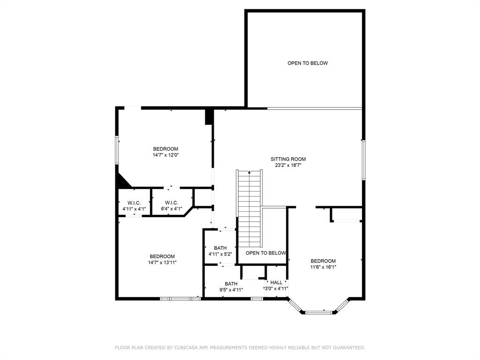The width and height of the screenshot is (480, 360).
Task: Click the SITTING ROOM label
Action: click(288, 159)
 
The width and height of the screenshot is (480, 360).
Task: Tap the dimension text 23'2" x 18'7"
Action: click(288, 165)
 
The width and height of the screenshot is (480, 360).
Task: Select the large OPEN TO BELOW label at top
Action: click(307, 63)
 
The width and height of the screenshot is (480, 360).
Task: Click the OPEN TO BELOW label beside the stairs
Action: click(266, 253)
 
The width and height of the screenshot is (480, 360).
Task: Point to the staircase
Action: click(249, 209)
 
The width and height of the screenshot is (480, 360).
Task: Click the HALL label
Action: click(277, 282)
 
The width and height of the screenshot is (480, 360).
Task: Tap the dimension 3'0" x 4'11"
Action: click(276, 289)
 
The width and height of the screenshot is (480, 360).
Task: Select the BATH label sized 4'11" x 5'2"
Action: click(220, 248)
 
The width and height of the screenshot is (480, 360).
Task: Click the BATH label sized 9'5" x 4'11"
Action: click(231, 284)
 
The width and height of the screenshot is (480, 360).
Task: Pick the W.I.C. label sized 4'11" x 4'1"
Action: click(134, 202)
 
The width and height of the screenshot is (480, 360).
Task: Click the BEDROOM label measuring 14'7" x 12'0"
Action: click(165, 149)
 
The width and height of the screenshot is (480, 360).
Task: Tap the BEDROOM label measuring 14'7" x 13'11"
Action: click(162, 256)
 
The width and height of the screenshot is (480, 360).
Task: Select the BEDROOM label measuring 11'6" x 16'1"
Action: click(323, 261)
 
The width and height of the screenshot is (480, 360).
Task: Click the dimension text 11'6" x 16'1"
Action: click(323, 267)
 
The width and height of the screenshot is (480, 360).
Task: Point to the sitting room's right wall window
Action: click(363, 159)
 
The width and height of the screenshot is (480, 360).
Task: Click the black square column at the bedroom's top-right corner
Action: click(209, 116)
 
